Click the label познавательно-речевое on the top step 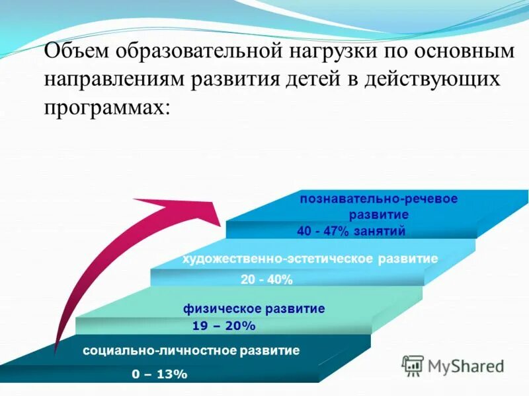378,199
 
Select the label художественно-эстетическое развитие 310,259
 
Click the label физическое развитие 254,308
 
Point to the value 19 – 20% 224,326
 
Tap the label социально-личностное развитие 191,350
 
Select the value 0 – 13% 159,374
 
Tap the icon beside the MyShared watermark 413,365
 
